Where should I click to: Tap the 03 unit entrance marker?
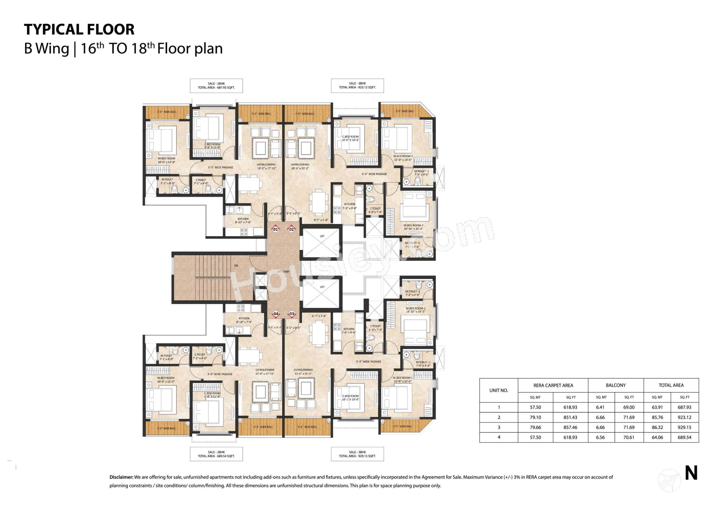click(x=292, y=314)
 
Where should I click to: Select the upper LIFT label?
click(x=322, y=236)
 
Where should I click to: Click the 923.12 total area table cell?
click(x=684, y=417)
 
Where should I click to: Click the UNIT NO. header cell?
click(x=499, y=390)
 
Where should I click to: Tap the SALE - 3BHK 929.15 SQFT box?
click(x=357, y=454)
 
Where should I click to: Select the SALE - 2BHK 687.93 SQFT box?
click(x=216, y=86)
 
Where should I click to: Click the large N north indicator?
click(x=691, y=473)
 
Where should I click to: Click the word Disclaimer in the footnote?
click(x=121, y=477)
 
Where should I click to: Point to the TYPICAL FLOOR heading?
click(x=79, y=29)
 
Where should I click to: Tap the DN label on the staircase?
click(x=236, y=265)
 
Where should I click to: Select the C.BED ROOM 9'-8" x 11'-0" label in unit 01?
click(x=212, y=146)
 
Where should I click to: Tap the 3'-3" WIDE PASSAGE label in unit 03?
click(x=368, y=361)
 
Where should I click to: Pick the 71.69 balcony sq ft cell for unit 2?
click(x=629, y=417)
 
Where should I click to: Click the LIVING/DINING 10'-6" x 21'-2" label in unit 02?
click(x=300, y=166)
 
